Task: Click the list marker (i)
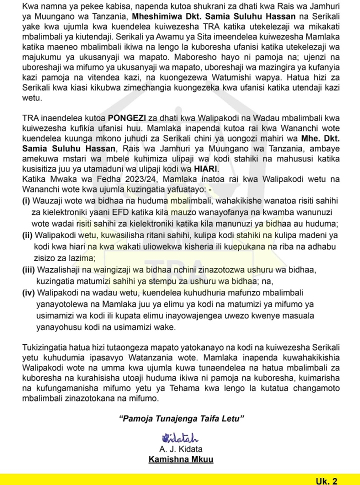point(26,200)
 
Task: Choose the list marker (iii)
point(29,270)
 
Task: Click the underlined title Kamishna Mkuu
point(180,459)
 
